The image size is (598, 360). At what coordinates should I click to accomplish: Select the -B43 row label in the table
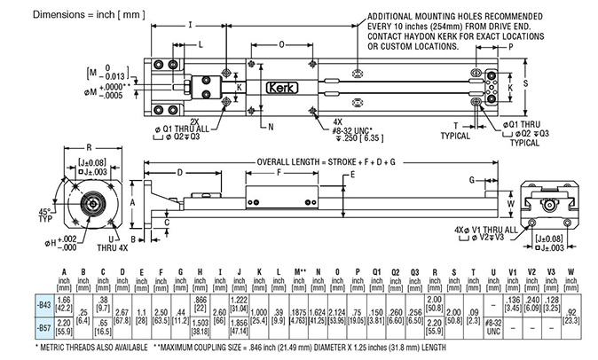pos(42,304)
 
